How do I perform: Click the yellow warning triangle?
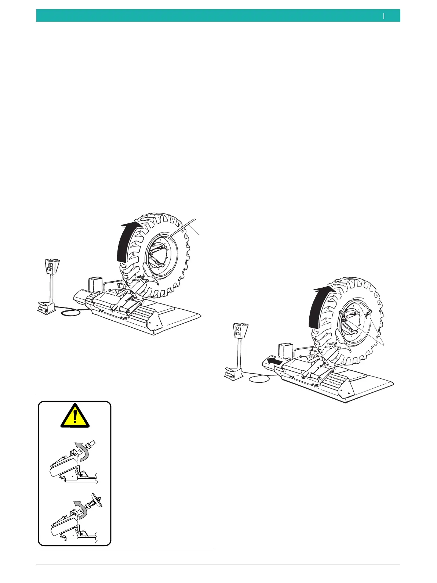click(74, 417)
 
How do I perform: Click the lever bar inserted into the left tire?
click(183, 230)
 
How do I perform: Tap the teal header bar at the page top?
click(218, 16)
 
